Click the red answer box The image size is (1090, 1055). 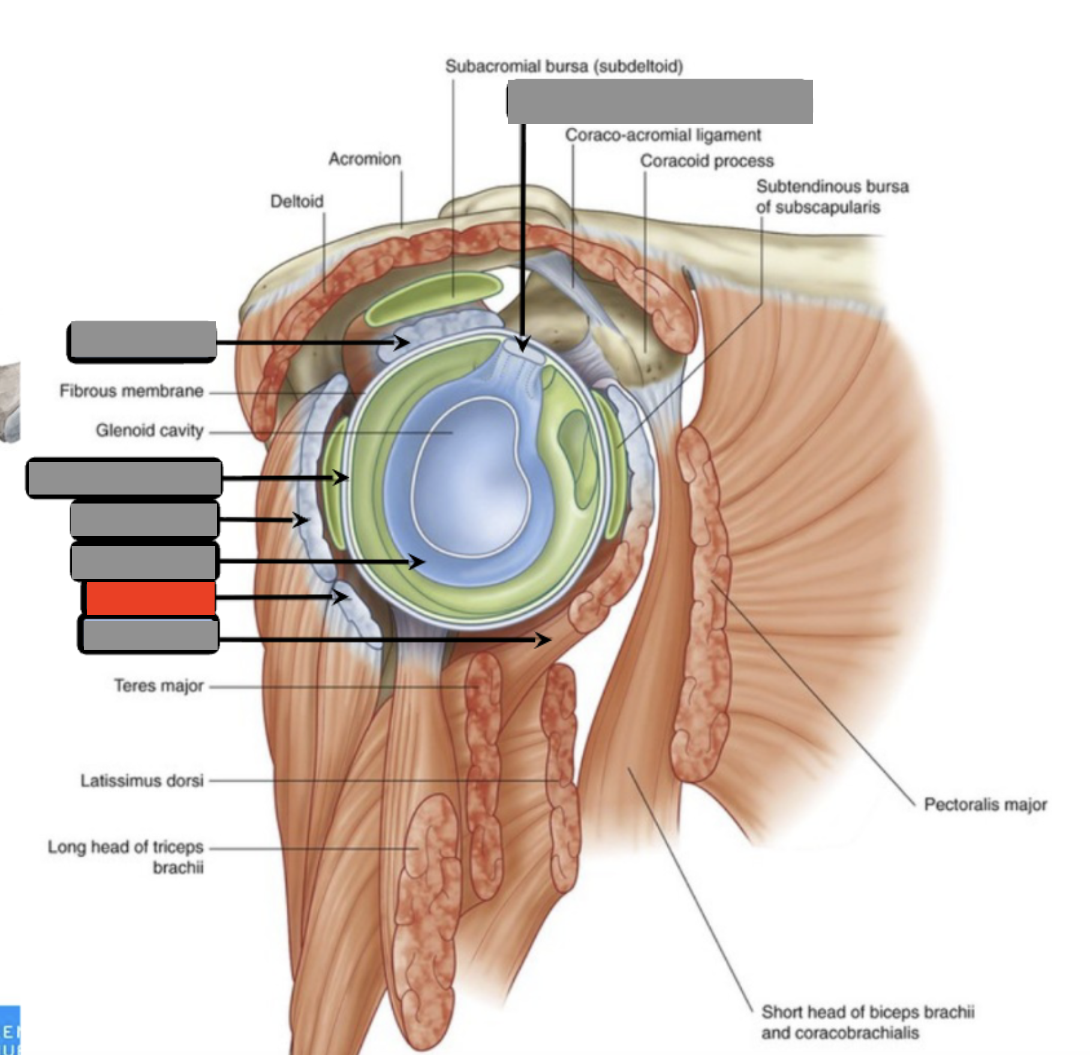pyautogui.click(x=150, y=598)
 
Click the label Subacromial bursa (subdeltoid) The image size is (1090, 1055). pyautogui.click(x=564, y=66)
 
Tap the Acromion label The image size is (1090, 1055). pyautogui.click(x=365, y=159)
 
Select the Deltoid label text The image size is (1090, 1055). pyautogui.click(x=297, y=201)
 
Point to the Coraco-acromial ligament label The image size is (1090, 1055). pyautogui.click(x=663, y=135)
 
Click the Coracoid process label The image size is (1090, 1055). pyautogui.click(x=707, y=161)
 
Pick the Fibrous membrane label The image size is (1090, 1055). pyautogui.click(x=131, y=391)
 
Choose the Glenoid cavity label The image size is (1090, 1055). pyautogui.click(x=149, y=430)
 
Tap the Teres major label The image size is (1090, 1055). pyautogui.click(x=159, y=685)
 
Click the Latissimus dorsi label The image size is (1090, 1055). pyautogui.click(x=142, y=780)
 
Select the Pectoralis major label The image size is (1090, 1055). pyautogui.click(x=985, y=804)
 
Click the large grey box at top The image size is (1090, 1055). pyautogui.click(x=660, y=101)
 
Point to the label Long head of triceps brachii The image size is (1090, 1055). pyautogui.click(x=125, y=857)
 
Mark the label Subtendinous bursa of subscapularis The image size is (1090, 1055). pyautogui.click(x=832, y=197)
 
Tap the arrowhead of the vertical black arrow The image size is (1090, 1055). pyautogui.click(x=523, y=343)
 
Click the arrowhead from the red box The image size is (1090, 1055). pyautogui.click(x=340, y=597)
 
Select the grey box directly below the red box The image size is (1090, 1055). pyautogui.click(x=150, y=635)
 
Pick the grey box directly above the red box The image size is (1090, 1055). pyautogui.click(x=144, y=561)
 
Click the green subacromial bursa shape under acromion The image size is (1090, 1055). pyautogui.click(x=434, y=298)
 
